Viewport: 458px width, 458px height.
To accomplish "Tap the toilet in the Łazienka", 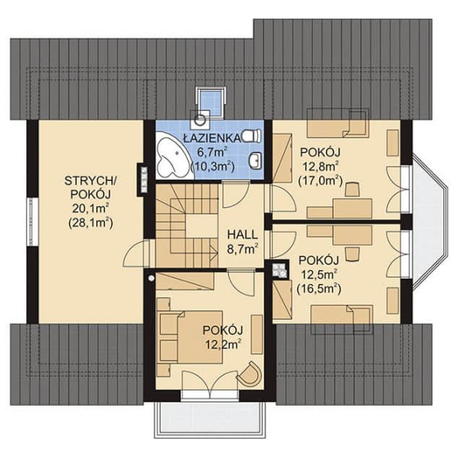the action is click(x=251, y=135).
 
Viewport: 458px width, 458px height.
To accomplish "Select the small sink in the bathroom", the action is click(x=256, y=160).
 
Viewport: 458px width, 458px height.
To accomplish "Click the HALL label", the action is click(x=243, y=235).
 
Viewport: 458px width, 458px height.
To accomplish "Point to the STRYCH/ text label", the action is click(x=90, y=181).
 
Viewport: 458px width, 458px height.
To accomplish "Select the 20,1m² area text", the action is click(x=90, y=209).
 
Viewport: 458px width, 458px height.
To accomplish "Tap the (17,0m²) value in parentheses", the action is click(x=320, y=180).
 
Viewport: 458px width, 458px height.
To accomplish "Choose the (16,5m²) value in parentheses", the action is click(x=319, y=288).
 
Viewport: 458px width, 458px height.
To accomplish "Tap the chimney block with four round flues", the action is click(x=280, y=269).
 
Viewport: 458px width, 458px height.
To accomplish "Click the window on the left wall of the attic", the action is click(x=32, y=222).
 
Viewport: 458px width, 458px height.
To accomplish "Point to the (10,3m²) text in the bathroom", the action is click(x=212, y=167).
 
